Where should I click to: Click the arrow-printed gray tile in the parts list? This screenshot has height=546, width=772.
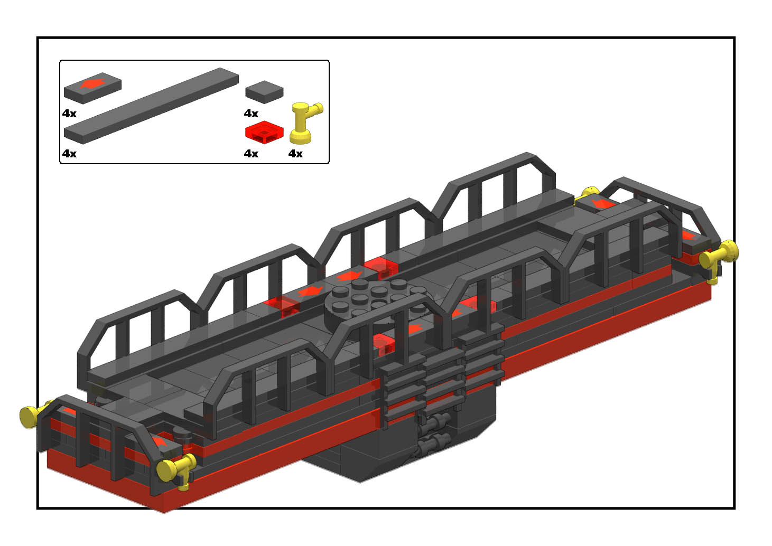point(92,88)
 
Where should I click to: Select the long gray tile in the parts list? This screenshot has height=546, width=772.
point(151,106)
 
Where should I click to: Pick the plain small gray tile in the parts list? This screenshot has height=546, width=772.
point(264,92)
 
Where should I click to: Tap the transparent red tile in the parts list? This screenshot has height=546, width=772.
point(264,133)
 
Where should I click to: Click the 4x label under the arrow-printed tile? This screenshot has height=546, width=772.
point(69,114)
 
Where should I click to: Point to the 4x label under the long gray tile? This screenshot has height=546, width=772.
point(69,154)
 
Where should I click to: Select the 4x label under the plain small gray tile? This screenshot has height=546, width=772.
point(251,114)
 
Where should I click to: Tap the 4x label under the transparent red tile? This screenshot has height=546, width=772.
point(251,154)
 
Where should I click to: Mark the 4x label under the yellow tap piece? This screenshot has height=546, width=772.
point(295,154)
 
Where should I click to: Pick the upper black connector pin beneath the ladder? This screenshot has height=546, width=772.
point(435,421)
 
